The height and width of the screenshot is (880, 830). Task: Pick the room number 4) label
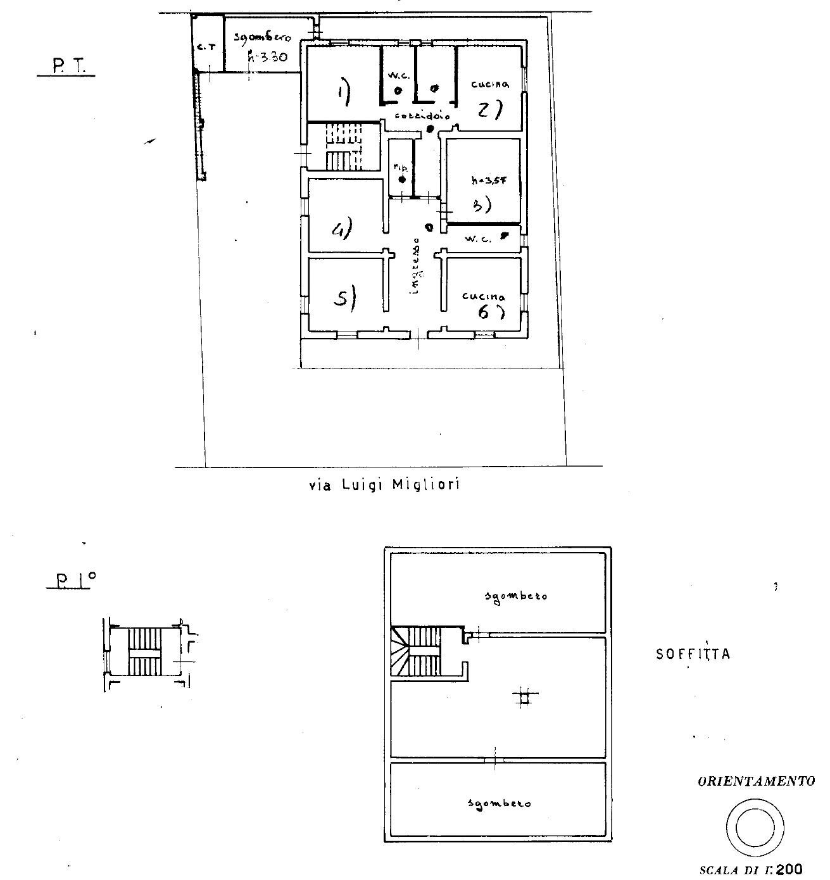click(342, 229)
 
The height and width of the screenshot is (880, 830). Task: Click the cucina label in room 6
click(484, 296)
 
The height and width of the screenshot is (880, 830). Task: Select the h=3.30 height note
click(268, 56)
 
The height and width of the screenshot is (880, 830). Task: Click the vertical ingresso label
click(415, 266)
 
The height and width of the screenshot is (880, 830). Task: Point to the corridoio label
click(422, 116)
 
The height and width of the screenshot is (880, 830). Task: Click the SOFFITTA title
click(693, 654)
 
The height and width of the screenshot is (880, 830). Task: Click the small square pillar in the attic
click(523, 698)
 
